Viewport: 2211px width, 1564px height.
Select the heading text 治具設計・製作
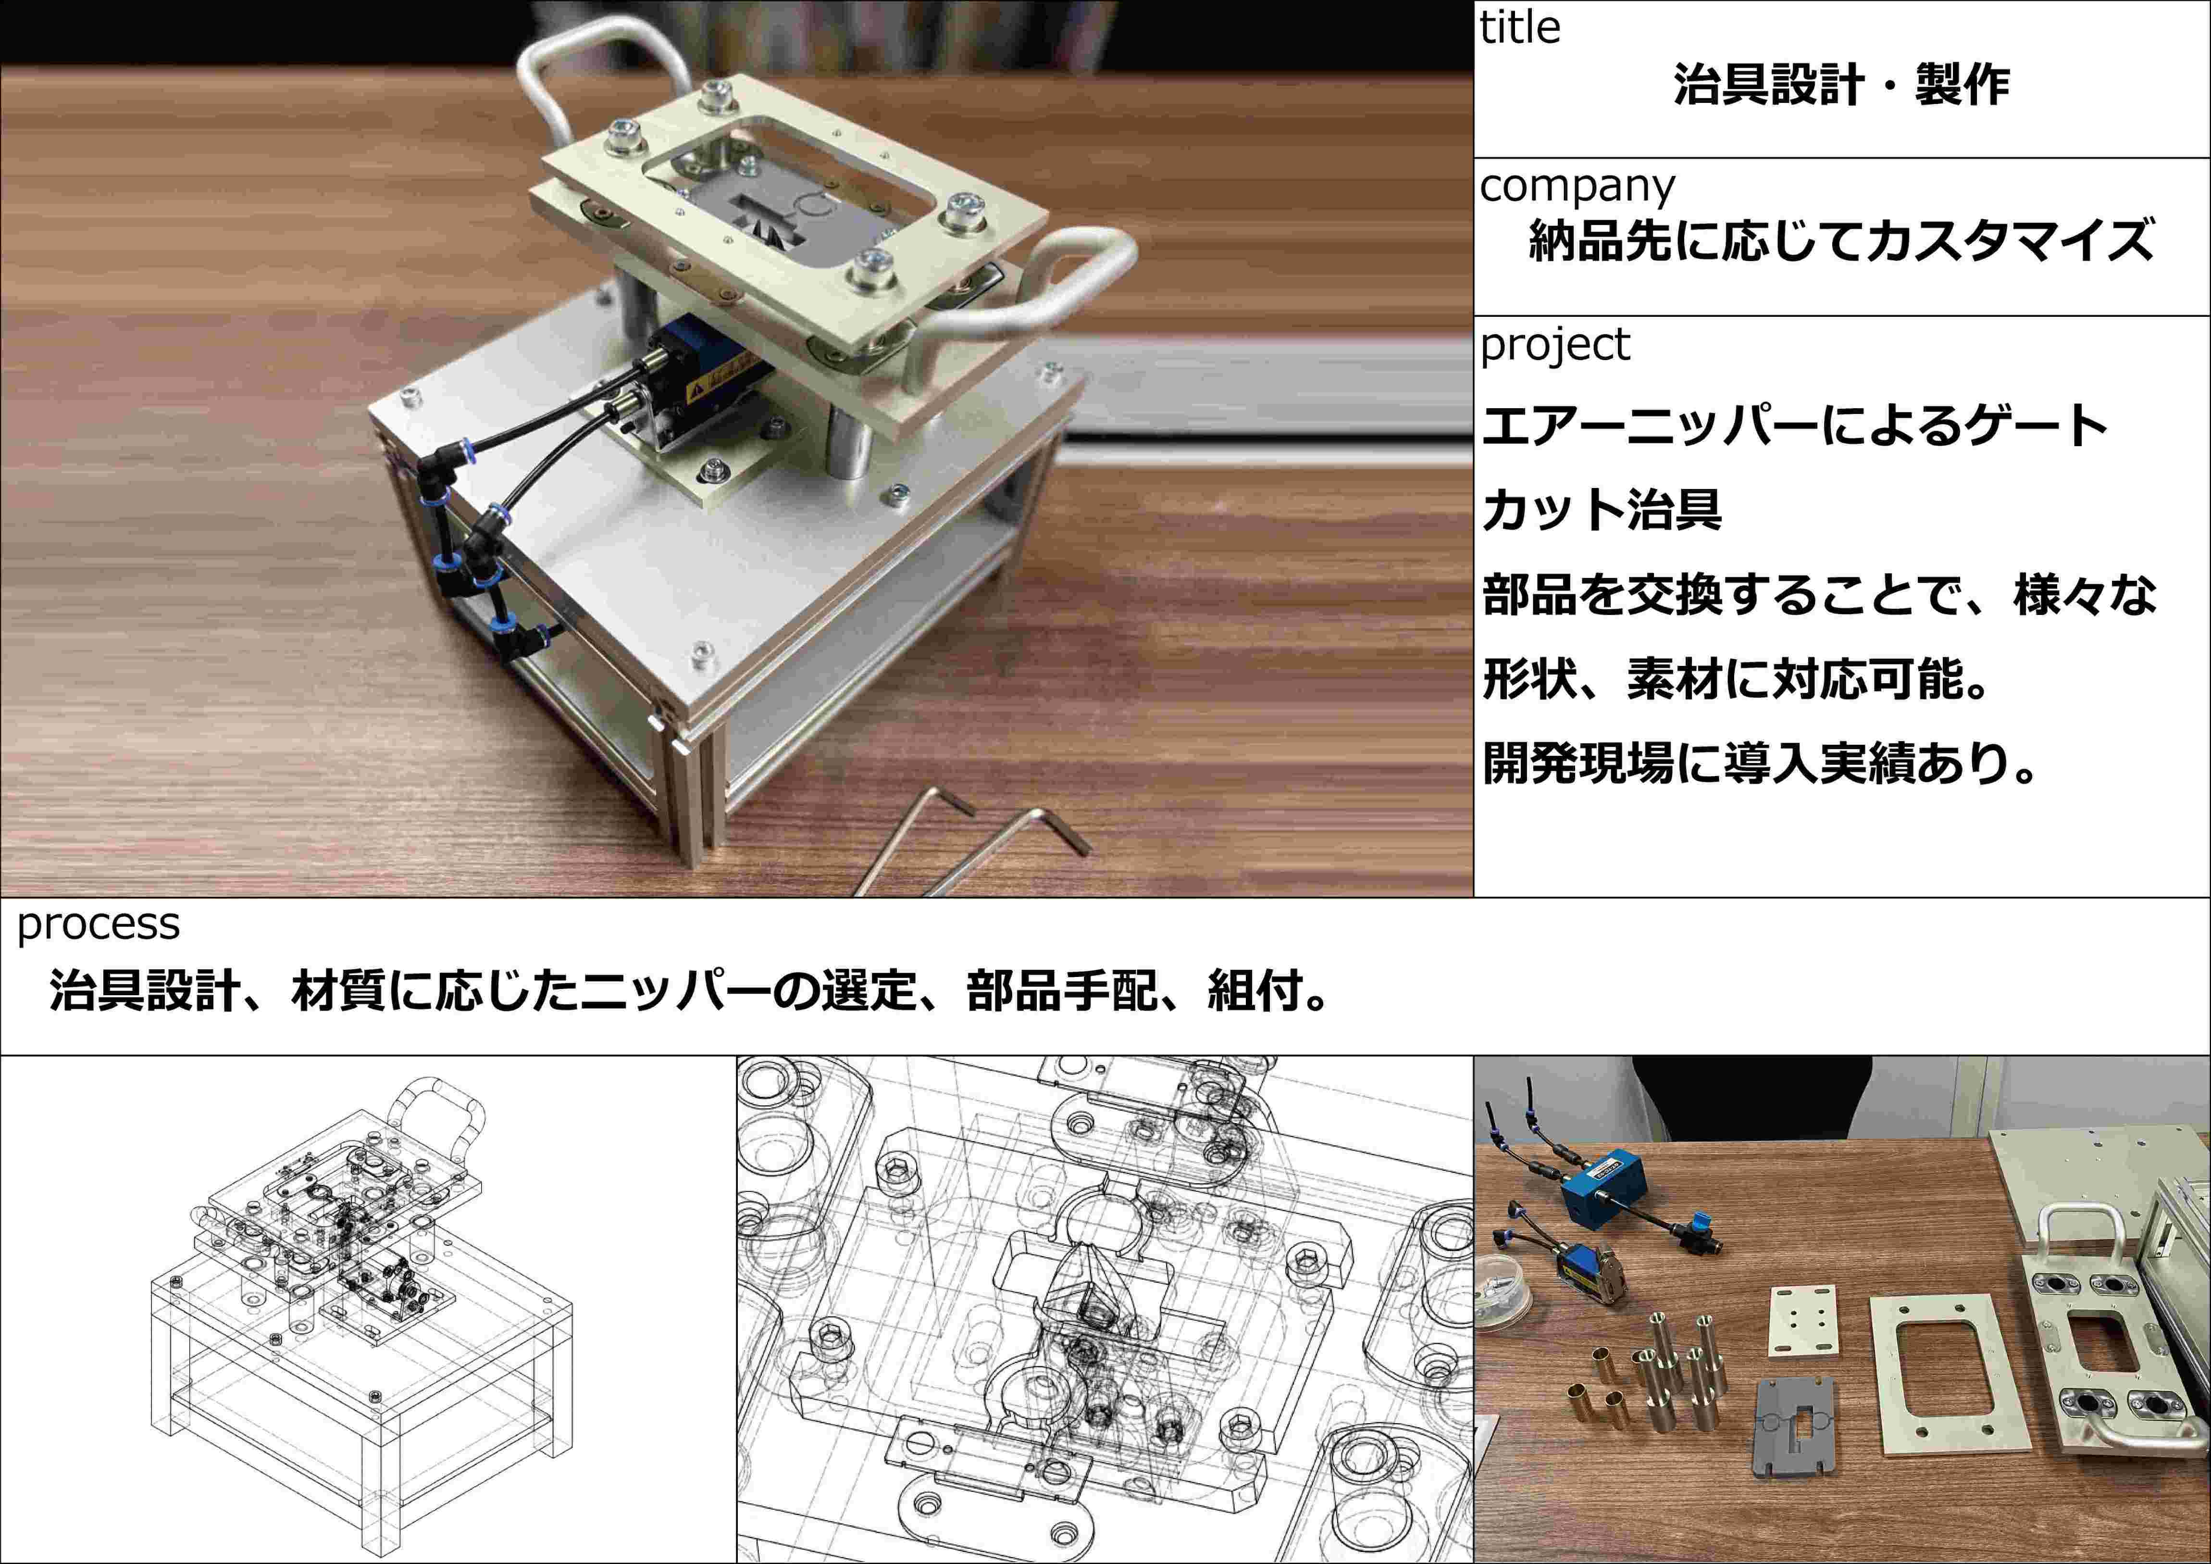pyautogui.click(x=1841, y=85)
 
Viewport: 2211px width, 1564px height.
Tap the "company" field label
pyautogui.click(x=1578, y=186)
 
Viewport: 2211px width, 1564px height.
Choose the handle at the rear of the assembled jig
pyautogui.click(x=597, y=77)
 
